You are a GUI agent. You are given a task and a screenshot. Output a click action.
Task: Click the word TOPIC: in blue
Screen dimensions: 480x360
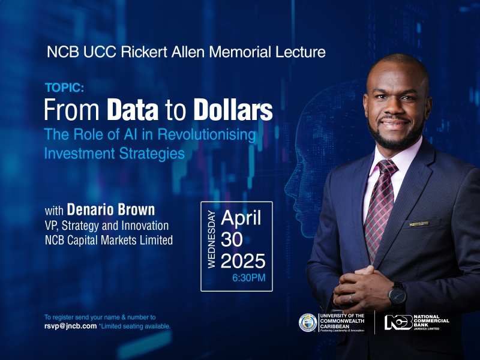click(65, 88)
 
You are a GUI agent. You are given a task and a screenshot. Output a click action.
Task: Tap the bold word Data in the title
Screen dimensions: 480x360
click(133, 110)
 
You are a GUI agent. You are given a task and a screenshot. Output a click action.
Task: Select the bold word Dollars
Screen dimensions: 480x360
click(233, 110)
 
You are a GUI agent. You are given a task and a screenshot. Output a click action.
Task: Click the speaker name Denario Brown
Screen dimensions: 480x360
click(111, 209)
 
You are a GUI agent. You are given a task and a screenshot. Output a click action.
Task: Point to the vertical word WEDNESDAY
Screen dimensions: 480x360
click(212, 239)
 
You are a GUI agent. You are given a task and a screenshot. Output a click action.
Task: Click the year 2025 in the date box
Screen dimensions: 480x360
click(243, 261)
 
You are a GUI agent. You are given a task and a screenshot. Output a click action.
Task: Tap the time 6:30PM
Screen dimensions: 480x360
click(248, 278)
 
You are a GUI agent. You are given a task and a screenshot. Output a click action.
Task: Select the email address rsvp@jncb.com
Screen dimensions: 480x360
click(71, 326)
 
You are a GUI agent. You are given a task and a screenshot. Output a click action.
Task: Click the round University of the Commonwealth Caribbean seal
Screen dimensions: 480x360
click(308, 323)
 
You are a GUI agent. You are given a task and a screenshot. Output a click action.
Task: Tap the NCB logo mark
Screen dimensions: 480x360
click(398, 322)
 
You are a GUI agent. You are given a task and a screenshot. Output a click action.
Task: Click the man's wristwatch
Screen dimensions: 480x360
click(397, 295)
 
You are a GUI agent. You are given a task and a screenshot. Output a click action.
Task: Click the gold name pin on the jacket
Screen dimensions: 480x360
click(419, 224)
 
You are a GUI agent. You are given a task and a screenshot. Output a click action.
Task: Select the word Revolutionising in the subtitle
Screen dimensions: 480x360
click(206, 134)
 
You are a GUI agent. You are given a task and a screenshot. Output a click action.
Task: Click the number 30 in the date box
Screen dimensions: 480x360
click(232, 239)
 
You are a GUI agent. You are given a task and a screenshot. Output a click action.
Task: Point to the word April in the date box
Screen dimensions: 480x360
click(241, 218)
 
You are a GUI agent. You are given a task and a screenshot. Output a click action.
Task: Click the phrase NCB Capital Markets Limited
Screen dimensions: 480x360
click(109, 240)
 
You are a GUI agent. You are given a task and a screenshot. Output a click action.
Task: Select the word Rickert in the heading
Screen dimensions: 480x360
click(144, 52)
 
